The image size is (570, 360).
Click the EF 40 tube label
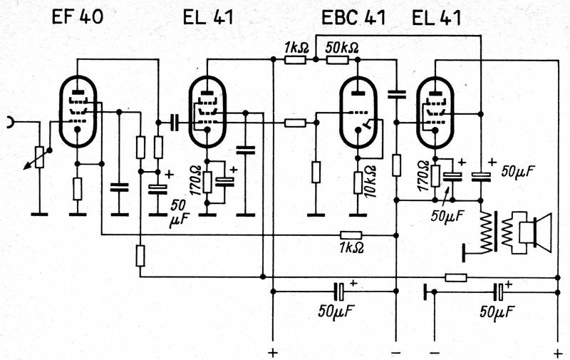click(78, 16)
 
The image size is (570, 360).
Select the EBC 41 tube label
click(353, 17)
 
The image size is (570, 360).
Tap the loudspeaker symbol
click(536, 233)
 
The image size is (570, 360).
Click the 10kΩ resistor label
click(371, 182)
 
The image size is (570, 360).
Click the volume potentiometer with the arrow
click(39, 157)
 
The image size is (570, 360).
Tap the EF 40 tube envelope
click(78, 111)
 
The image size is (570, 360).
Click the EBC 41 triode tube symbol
click(358, 112)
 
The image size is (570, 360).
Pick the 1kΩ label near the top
click(296, 48)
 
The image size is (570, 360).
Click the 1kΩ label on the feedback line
click(351, 247)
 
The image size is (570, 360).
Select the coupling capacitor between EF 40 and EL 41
click(175, 123)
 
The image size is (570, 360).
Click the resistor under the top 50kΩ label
click(338, 60)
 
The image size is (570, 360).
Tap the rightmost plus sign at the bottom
click(558, 352)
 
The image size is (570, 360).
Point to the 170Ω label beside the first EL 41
click(197, 182)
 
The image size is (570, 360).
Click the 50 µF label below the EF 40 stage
click(178, 212)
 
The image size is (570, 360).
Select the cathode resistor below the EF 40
click(78, 189)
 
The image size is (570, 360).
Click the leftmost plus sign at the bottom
click(272, 352)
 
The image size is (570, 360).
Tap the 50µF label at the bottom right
click(497, 311)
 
